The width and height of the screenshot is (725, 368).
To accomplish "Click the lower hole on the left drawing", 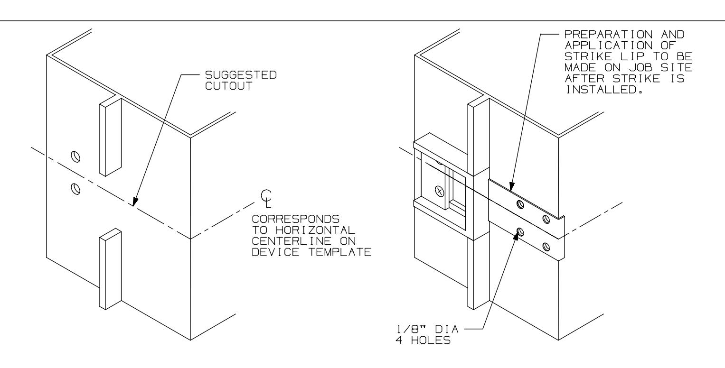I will click(x=75, y=188).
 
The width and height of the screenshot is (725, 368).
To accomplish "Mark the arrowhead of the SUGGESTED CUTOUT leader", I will click(x=133, y=204).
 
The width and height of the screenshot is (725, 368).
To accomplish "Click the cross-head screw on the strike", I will click(x=438, y=191).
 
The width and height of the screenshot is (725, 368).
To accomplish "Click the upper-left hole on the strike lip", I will click(x=520, y=204).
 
